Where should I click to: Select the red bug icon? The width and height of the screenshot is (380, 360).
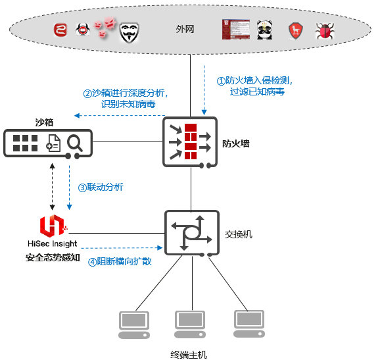pyautogui.click(x=323, y=31)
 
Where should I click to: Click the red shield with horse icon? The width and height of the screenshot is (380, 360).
pyautogui.click(x=295, y=31)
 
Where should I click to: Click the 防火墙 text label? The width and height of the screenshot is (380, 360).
pyautogui.click(x=235, y=143)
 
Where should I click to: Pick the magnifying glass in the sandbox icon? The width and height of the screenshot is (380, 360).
pyautogui.click(x=74, y=143)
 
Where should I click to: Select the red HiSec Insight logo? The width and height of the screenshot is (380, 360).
pyautogui.click(x=52, y=226)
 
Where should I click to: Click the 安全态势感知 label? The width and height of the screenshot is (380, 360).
pyautogui.click(x=53, y=257)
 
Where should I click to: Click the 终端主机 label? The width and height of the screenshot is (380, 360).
pyautogui.click(x=189, y=354)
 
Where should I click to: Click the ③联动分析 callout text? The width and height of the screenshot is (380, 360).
pyautogui.click(x=101, y=187)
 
